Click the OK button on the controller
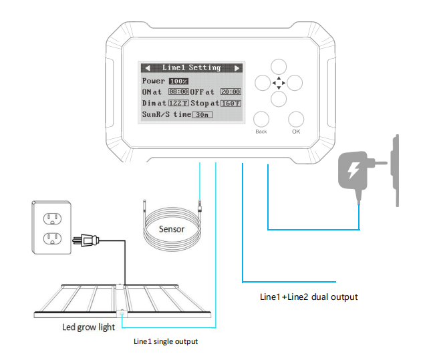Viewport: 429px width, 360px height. click(296, 120)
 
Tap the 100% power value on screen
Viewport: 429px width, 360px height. click(178, 81)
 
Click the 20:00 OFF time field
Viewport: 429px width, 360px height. click(231, 92)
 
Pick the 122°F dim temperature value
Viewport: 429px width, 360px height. click(178, 104)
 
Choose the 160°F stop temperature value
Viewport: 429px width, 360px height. click(231, 104)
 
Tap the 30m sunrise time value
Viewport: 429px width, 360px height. click(202, 115)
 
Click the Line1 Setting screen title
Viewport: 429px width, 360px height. click(191, 67)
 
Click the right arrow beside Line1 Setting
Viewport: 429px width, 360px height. click(237, 67)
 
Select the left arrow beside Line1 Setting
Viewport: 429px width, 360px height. click(147, 67)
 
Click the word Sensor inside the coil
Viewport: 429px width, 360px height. click(171, 228)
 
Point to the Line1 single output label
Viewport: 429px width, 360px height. click(166, 341)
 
